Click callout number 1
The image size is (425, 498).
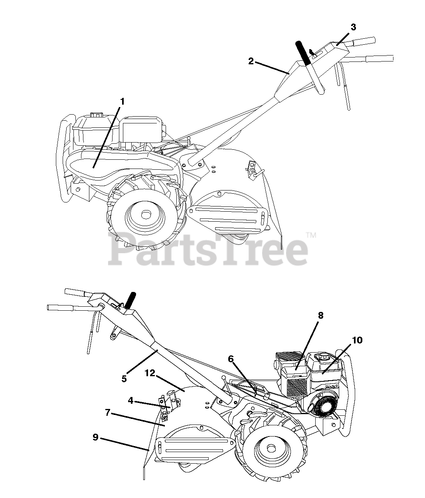122,101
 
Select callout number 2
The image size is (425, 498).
251,61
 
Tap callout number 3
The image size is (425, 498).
353,27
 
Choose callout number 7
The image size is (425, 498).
107,413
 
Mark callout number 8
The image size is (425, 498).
320,315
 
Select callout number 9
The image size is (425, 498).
95,437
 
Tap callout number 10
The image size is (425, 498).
357,340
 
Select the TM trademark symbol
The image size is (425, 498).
311,236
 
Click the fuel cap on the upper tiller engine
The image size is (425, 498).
95,115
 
